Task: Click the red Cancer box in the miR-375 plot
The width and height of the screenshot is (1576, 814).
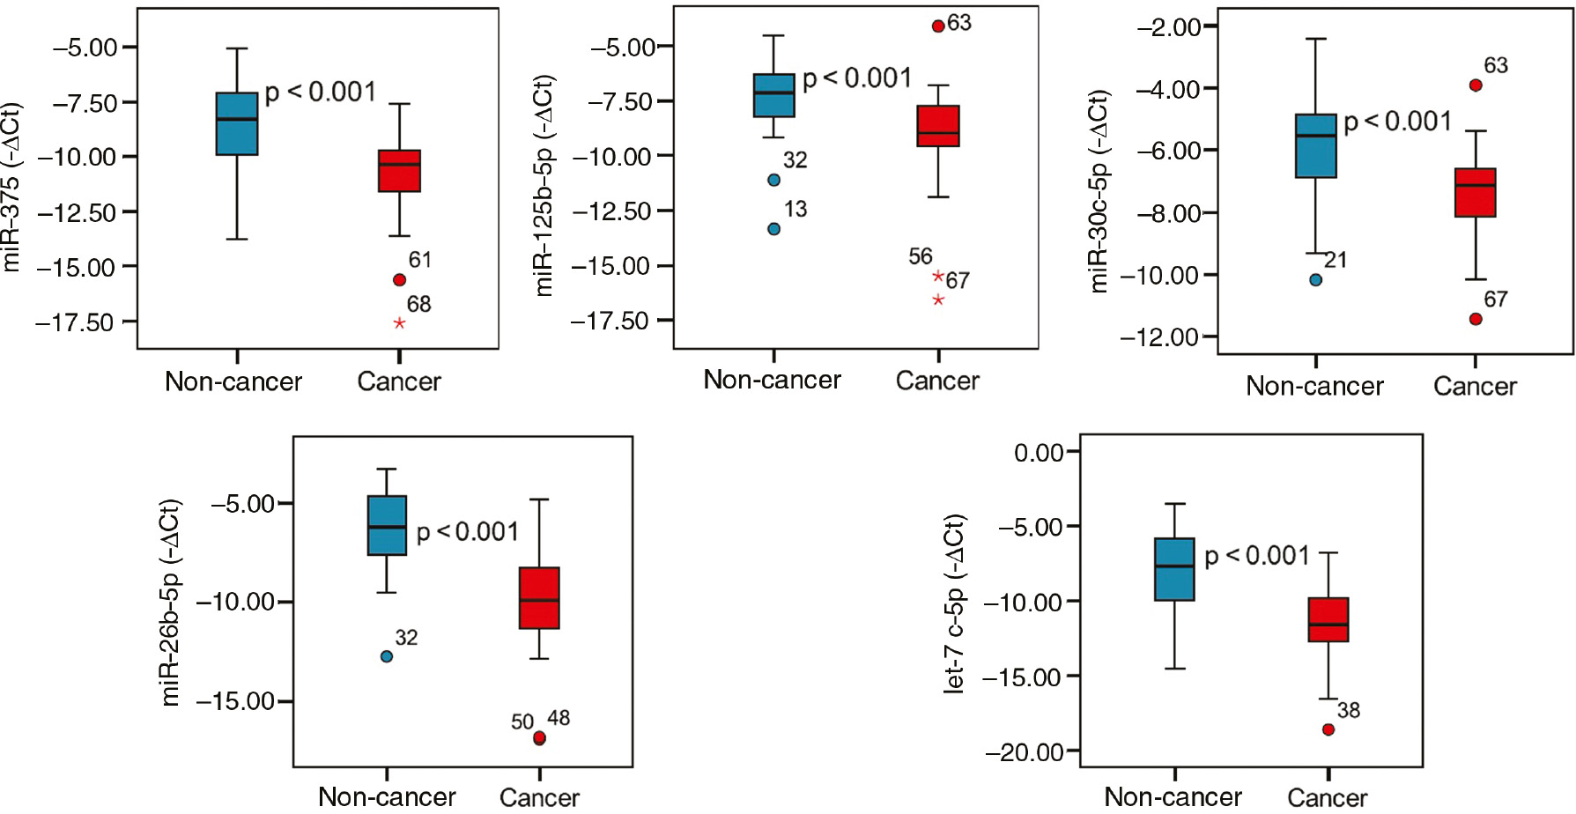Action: coord(399,171)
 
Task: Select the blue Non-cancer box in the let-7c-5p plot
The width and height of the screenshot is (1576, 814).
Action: coord(1174,569)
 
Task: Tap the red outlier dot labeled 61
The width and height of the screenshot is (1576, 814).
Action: coord(399,279)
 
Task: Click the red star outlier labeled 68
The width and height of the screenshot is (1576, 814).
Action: coord(399,323)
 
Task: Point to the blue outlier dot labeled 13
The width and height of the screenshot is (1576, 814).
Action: coord(773,229)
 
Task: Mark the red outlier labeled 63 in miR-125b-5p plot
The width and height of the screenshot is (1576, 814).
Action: coord(938,26)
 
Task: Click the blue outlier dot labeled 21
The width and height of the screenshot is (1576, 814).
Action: coord(1315,280)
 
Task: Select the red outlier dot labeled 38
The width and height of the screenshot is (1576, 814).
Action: coord(1328,729)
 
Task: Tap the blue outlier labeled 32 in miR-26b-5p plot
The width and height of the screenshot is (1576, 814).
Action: coord(386,656)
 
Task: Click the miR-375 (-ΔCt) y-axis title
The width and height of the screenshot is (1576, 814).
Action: coord(11,188)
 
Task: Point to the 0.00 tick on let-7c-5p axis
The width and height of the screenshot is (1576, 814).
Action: coord(1039,453)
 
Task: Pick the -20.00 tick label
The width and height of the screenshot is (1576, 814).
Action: coord(1025,752)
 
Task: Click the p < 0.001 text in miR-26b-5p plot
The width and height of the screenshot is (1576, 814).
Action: coord(467,532)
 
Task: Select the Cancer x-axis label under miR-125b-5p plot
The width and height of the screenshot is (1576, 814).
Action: coord(937,381)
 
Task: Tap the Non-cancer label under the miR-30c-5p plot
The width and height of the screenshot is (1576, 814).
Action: coord(1314,387)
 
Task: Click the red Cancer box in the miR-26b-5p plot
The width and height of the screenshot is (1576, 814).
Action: coord(539,598)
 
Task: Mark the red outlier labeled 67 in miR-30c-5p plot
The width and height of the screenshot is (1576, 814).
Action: coord(1476,319)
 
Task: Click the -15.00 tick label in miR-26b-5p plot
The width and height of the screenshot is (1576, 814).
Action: coord(235,701)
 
